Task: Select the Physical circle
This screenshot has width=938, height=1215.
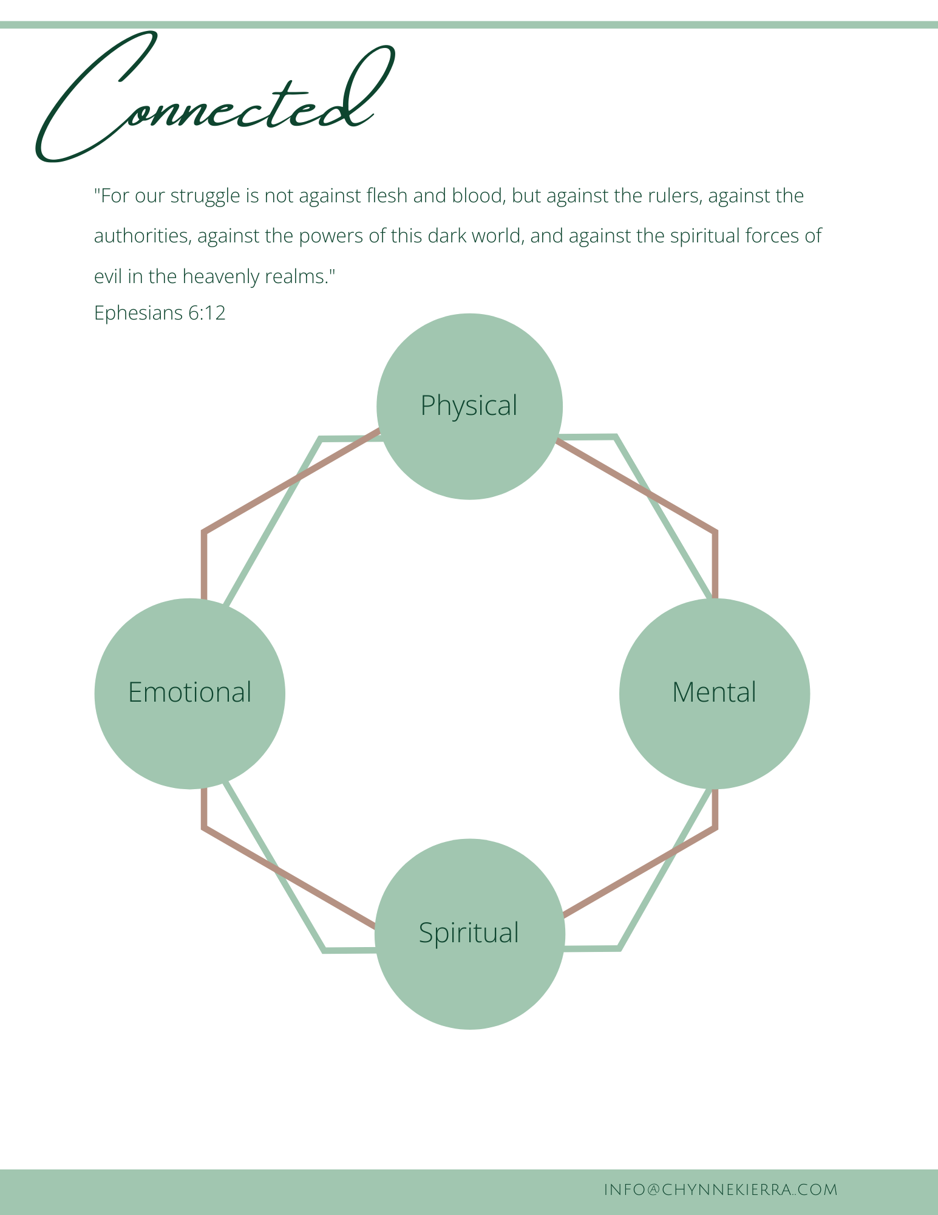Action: pyautogui.click(x=469, y=406)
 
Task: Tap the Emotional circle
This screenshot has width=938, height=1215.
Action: pyautogui.click(x=190, y=693)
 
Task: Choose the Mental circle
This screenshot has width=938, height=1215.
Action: pyautogui.click(x=715, y=693)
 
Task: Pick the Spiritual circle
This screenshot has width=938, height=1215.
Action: pyautogui.click(x=469, y=934)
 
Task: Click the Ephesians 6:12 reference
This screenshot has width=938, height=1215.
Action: pyautogui.click(x=160, y=313)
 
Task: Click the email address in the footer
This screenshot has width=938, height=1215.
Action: pyautogui.click(x=721, y=1189)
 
